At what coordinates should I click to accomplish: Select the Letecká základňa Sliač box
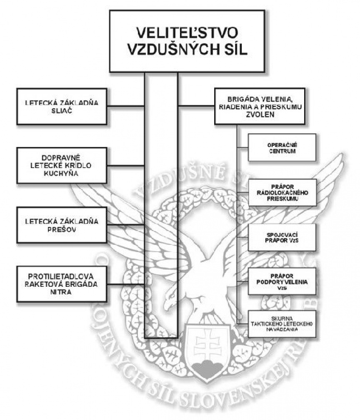click(x=61, y=106)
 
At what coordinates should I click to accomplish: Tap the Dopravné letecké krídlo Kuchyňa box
click(x=61, y=165)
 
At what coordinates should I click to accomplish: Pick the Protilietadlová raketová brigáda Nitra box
click(x=61, y=284)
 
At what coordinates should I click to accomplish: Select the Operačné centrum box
click(x=282, y=147)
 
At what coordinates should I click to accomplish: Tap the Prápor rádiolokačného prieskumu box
click(x=282, y=192)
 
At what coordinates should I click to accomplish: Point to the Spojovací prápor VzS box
click(x=282, y=237)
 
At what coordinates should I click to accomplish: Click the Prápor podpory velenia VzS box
click(x=282, y=282)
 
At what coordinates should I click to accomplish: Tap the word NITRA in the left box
click(x=61, y=292)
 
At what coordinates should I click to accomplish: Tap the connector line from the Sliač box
click(x=125, y=106)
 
